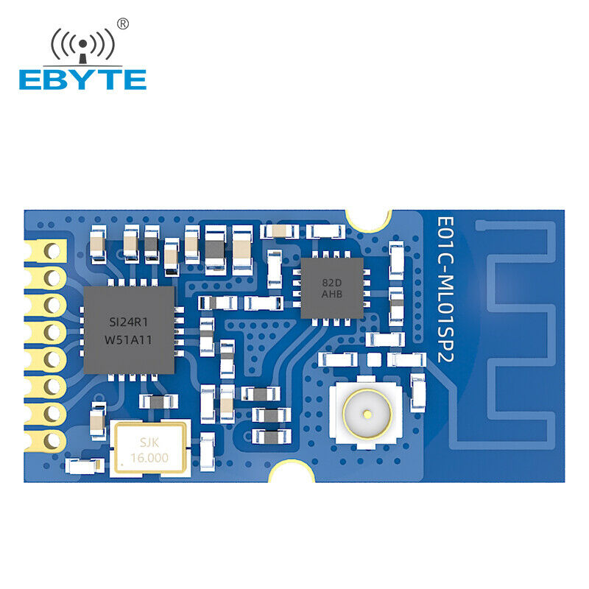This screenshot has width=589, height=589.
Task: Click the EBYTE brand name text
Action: (x=82, y=80)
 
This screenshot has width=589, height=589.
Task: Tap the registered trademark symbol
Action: (x=123, y=24)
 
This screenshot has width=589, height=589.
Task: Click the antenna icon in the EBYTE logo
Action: (x=82, y=46)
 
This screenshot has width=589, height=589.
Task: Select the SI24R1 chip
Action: (x=129, y=330)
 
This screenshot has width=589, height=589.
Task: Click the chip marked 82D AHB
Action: (x=332, y=288)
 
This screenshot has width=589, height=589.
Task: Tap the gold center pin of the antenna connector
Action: (x=367, y=415)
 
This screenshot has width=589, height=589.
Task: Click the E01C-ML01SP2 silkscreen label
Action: (x=445, y=289)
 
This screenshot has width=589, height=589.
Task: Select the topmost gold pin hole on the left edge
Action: (x=52, y=251)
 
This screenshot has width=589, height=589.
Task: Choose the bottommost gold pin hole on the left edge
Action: (x=52, y=440)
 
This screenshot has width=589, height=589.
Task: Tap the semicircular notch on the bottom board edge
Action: (x=292, y=471)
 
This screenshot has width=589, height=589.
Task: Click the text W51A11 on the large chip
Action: (x=128, y=340)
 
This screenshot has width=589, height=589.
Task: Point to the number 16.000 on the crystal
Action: (x=149, y=458)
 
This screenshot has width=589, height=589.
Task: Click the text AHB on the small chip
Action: (x=332, y=294)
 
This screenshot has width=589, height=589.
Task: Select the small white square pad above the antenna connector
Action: (x=374, y=360)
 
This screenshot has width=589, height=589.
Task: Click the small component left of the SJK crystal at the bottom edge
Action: (x=85, y=466)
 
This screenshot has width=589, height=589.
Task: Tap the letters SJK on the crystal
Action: (x=149, y=442)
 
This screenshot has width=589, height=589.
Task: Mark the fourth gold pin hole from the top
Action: (x=52, y=333)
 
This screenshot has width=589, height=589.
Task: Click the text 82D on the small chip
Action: (x=332, y=283)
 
